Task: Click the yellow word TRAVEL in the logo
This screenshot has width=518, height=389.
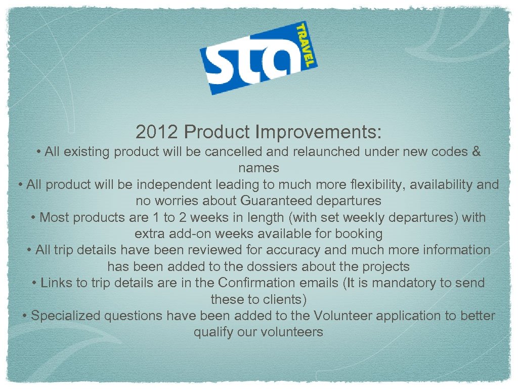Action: tap(306, 46)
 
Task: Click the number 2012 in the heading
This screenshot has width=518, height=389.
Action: tap(157, 132)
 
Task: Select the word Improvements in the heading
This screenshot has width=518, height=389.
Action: tap(318, 132)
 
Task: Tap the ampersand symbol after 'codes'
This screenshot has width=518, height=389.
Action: tap(476, 151)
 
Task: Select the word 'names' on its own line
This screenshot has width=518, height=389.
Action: tap(258, 168)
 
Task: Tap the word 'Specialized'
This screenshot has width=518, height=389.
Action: tap(66, 316)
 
